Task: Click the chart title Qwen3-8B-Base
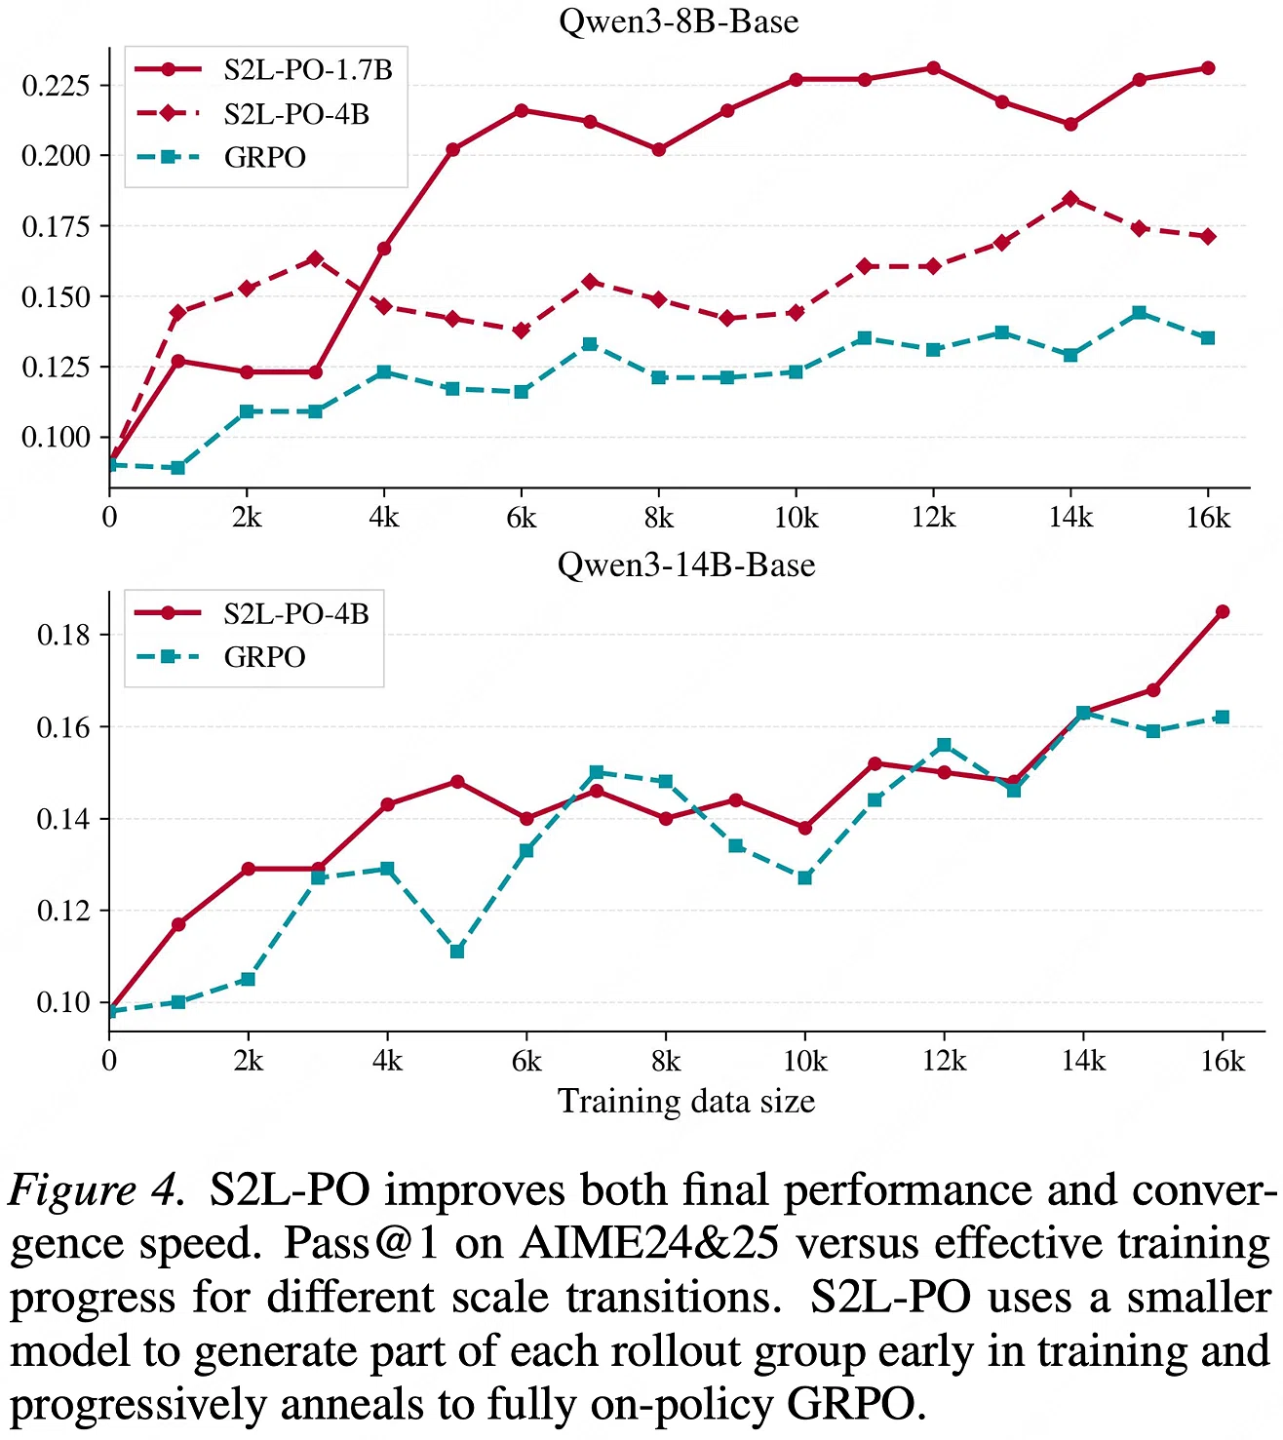(679, 21)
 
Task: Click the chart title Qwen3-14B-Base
(686, 565)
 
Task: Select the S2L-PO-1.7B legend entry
(263, 69)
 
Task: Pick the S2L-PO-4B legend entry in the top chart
(253, 114)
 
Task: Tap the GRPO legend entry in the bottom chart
(221, 657)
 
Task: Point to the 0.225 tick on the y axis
(57, 85)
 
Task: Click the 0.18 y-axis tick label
(64, 634)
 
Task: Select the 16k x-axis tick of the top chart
(1208, 518)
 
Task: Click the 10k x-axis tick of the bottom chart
(804, 1061)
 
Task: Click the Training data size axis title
(686, 1102)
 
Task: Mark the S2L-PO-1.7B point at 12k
(933, 68)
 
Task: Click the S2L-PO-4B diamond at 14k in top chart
(1070, 199)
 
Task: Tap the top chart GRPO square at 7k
(590, 344)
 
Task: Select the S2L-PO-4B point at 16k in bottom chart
(1223, 611)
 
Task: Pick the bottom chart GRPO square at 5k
(457, 951)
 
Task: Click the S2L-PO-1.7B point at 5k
(452, 149)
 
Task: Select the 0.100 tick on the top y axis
(57, 437)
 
